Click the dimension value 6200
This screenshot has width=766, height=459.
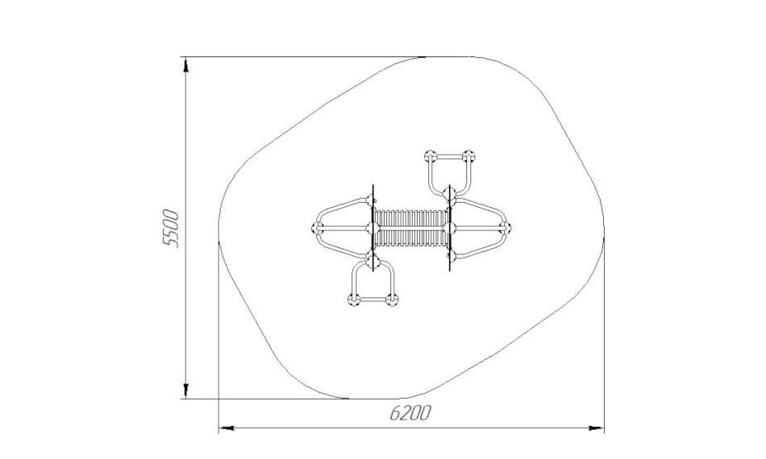coord(411,413)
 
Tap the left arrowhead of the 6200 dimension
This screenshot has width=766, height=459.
coord(226,428)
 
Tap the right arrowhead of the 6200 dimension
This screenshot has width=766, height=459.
coord(597,428)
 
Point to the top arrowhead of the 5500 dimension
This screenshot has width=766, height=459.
coord(185,65)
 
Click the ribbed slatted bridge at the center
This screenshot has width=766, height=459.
coord(411,228)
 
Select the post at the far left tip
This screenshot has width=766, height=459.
coord(318,227)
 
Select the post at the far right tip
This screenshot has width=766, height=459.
coord(505,227)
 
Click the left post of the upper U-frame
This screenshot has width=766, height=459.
coord(431,156)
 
